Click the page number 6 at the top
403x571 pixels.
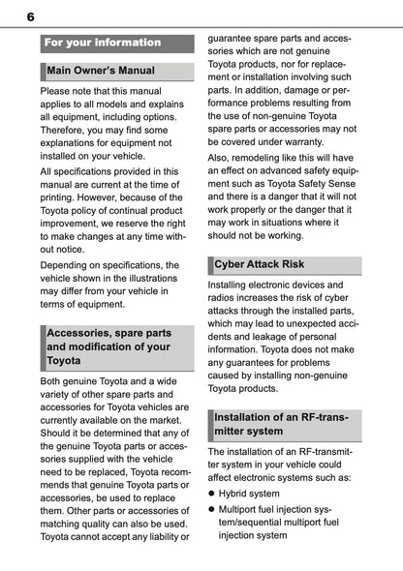(30, 16)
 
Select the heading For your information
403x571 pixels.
(102, 43)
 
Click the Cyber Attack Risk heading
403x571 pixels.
(259, 263)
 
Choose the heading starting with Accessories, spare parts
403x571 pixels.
(108, 346)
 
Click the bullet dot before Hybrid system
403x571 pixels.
(212, 493)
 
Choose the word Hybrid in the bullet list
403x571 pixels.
(237, 493)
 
